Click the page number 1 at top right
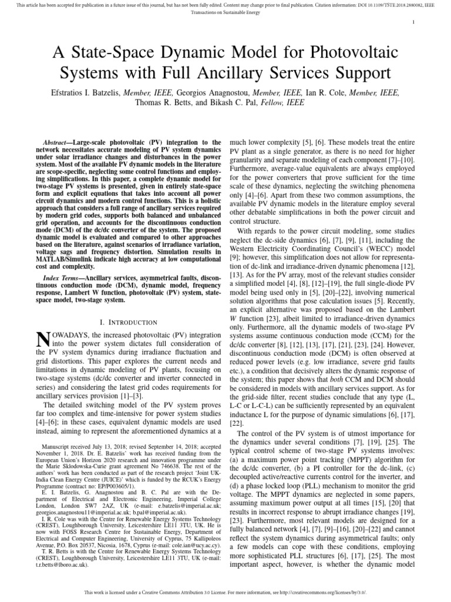point(414,22)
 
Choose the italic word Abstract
point(58,143)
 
